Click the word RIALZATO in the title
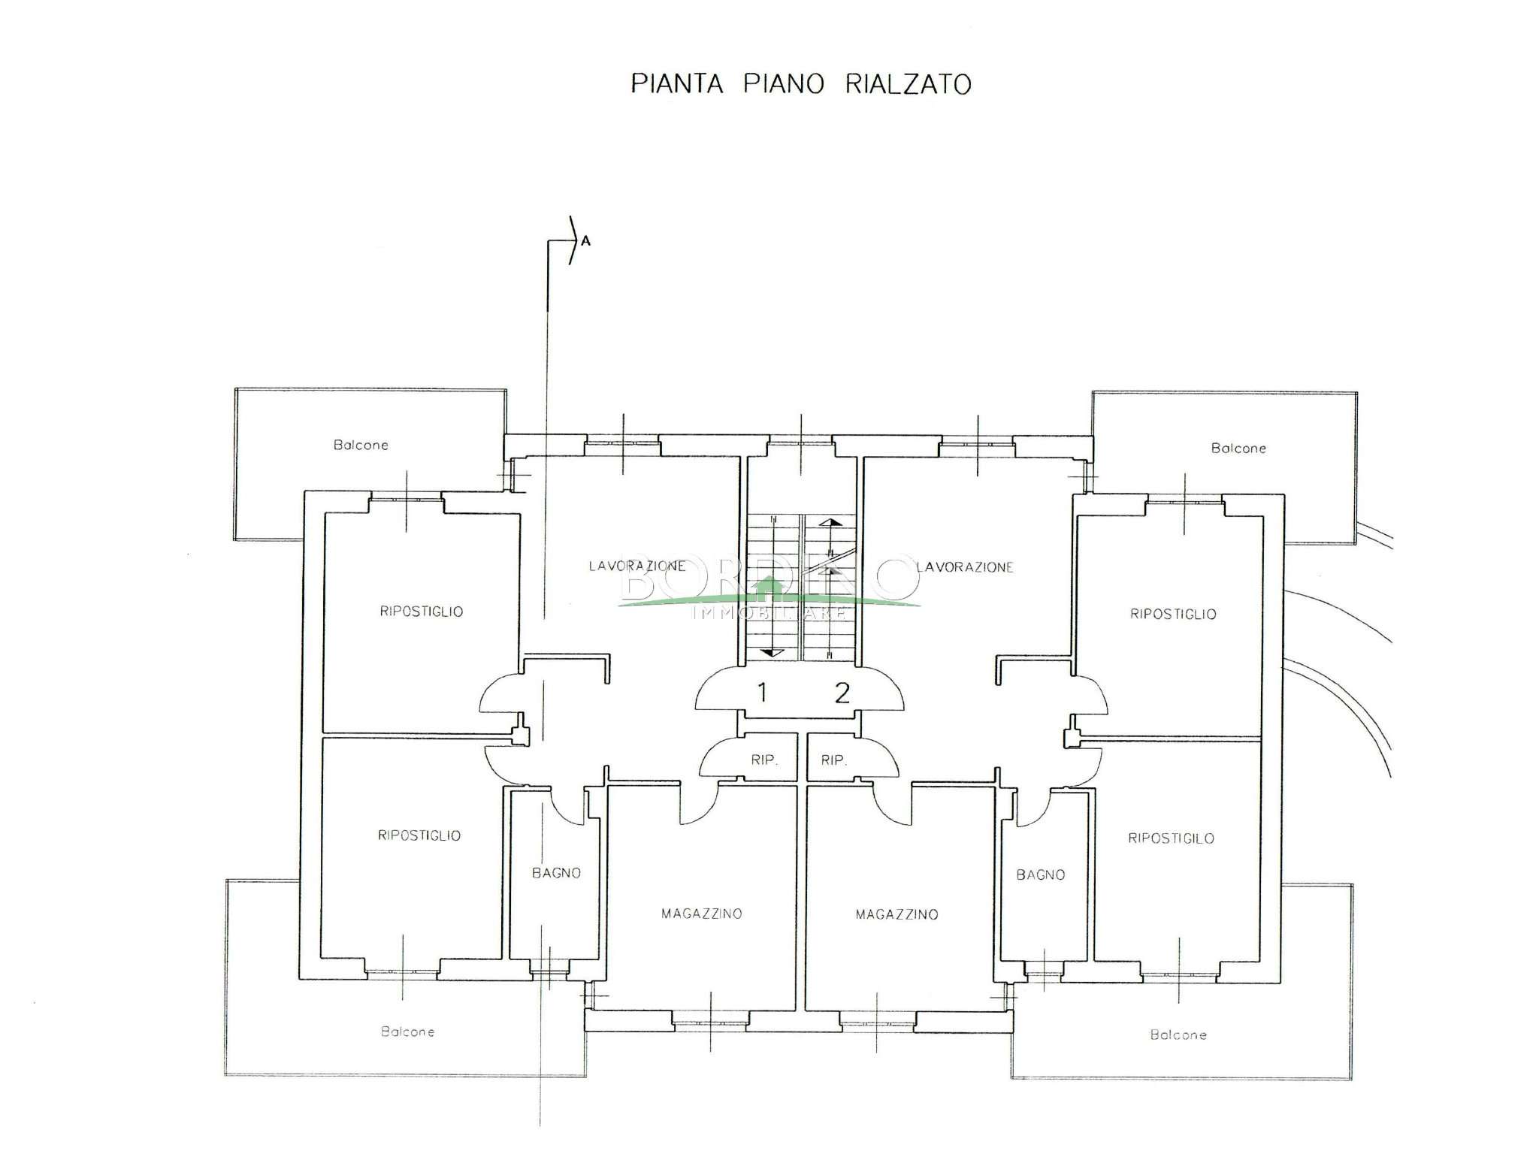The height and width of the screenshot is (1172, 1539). click(x=908, y=83)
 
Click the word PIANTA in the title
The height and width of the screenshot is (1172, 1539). click(x=676, y=83)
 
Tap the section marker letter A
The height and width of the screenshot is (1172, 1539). click(x=586, y=241)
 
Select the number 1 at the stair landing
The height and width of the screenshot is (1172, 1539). click(x=762, y=692)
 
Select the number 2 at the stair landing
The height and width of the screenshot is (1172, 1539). click(x=842, y=692)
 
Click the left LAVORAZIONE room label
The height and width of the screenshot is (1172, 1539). click(x=636, y=566)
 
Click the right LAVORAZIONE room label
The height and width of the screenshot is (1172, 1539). click(x=965, y=567)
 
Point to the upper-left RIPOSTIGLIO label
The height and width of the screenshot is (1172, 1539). click(x=421, y=612)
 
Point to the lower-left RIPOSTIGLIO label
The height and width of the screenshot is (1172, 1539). click(x=419, y=835)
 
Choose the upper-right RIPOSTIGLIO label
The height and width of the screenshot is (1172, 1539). click(x=1173, y=614)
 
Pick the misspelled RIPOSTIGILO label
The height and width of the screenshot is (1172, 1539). click(x=1171, y=838)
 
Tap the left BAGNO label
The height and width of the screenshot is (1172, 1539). click(x=556, y=873)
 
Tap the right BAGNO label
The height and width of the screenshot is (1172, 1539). click(x=1040, y=874)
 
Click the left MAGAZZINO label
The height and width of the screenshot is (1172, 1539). click(x=701, y=914)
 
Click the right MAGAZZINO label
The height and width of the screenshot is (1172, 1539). click(x=896, y=914)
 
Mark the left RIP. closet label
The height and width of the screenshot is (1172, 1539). click(x=763, y=760)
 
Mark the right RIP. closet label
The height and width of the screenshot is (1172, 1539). click(x=833, y=760)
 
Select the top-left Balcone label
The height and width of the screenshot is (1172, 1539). click(x=361, y=445)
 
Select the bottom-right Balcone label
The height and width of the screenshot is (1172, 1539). click(x=1178, y=1035)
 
